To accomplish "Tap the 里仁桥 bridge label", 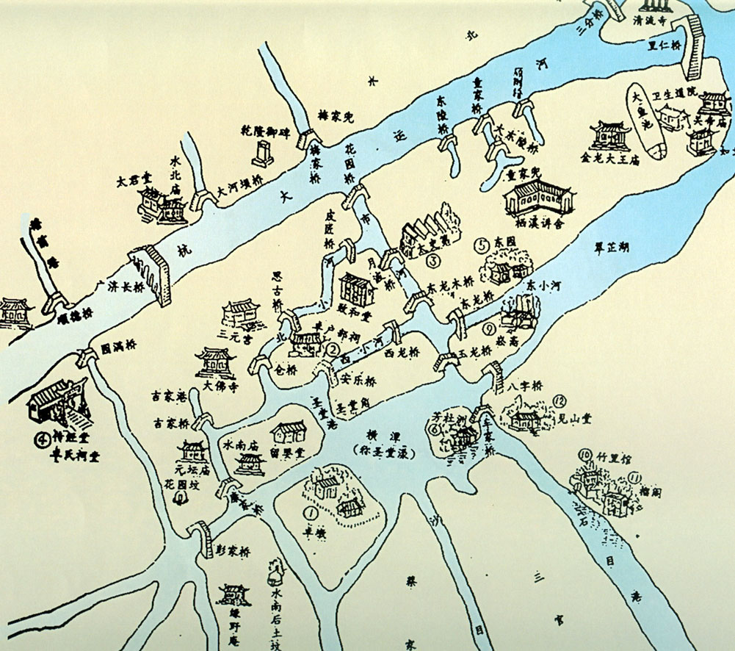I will pos(665,44).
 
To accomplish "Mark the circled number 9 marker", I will pos(490,328).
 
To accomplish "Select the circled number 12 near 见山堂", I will pos(560,401).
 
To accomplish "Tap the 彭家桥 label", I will pos(235,552).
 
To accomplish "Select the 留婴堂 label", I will pos(287,451).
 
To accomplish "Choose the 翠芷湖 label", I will pos(612,249).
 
